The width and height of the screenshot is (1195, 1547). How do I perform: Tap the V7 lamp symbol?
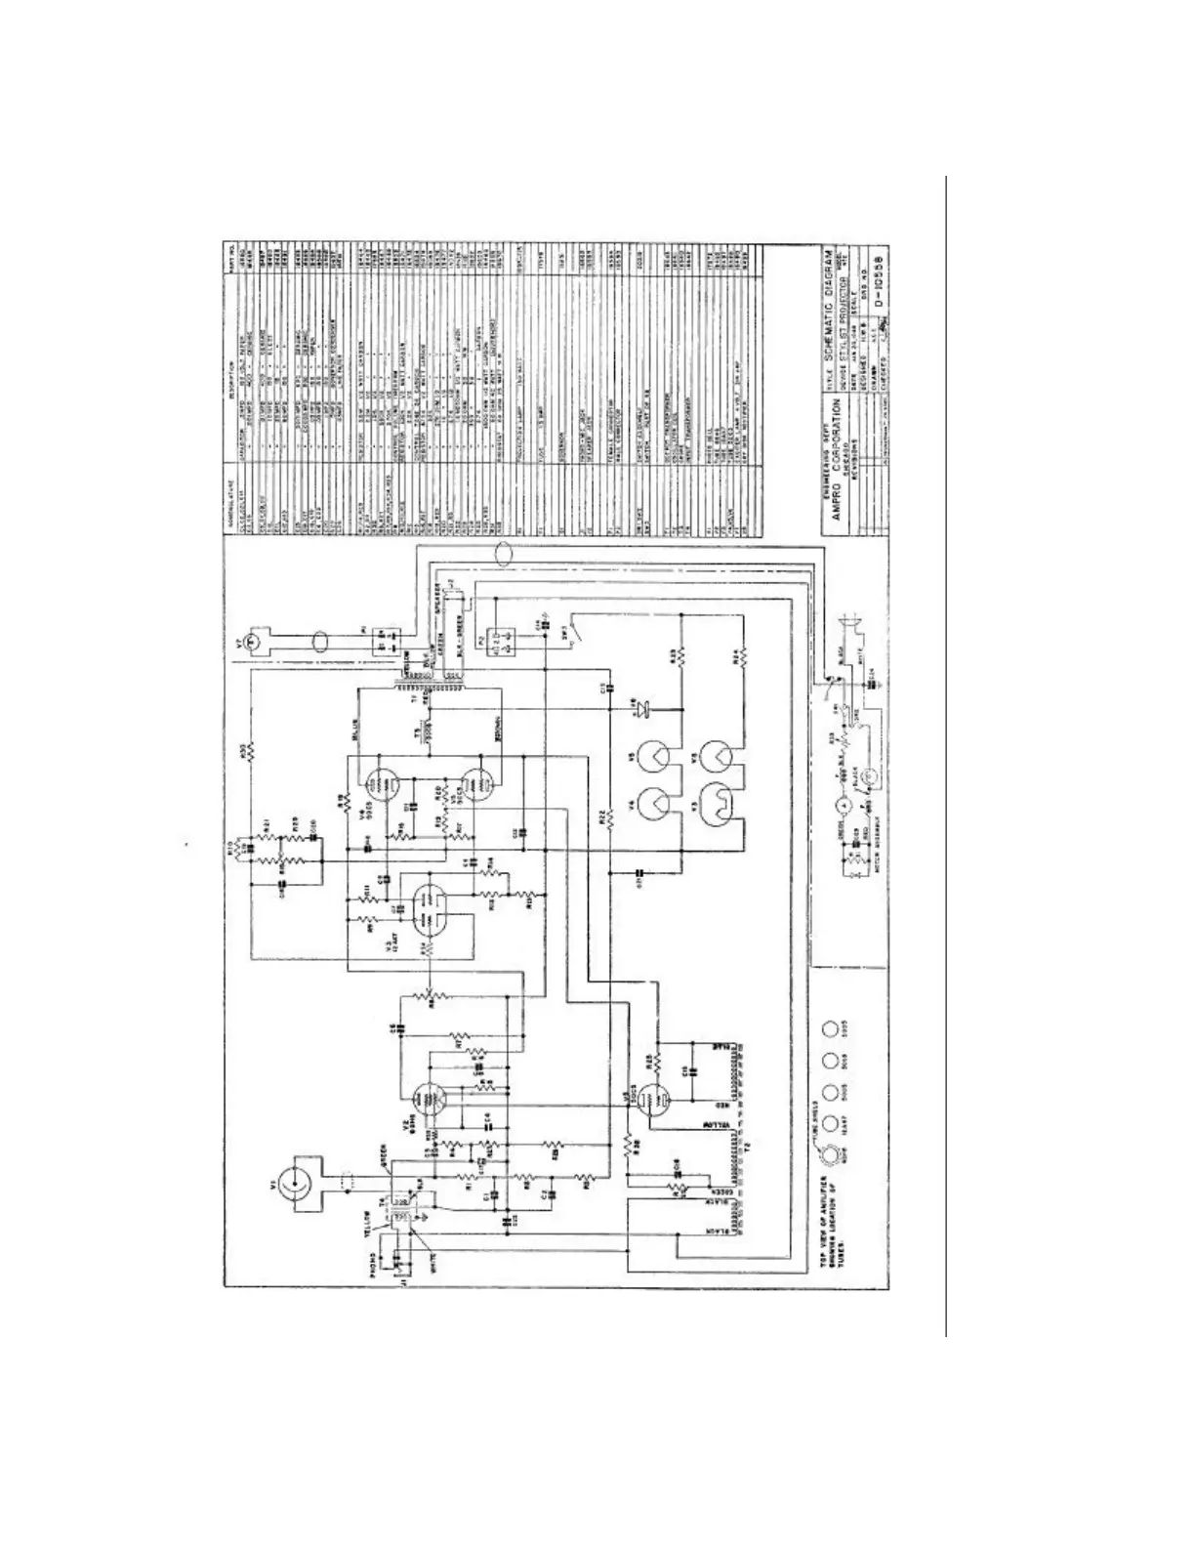pyautogui.click(x=250, y=641)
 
